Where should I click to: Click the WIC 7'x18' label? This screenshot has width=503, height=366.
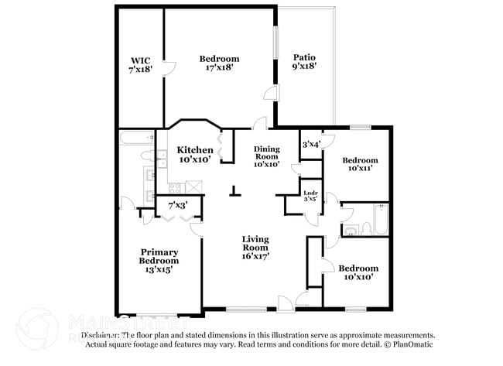[x=140, y=63]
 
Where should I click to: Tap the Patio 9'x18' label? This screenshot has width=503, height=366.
[x=304, y=62]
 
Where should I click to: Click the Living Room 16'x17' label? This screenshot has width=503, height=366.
[x=255, y=246]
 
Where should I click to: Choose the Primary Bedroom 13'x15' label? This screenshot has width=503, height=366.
[x=159, y=261]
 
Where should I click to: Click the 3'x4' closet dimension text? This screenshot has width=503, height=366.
[x=311, y=144]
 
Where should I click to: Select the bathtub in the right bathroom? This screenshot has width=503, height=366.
[x=378, y=220]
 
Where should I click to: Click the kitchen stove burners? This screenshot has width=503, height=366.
[x=175, y=186]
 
